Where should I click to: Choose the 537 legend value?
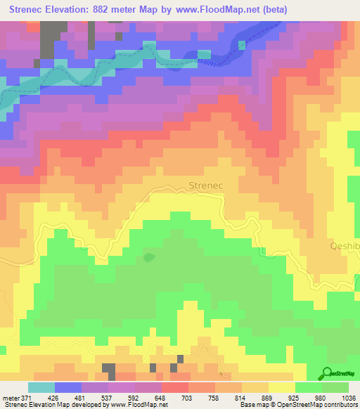point(108,398)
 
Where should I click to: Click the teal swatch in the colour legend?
point(41,387)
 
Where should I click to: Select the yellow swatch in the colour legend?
point(281,387)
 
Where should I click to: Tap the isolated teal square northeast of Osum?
point(243,45)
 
